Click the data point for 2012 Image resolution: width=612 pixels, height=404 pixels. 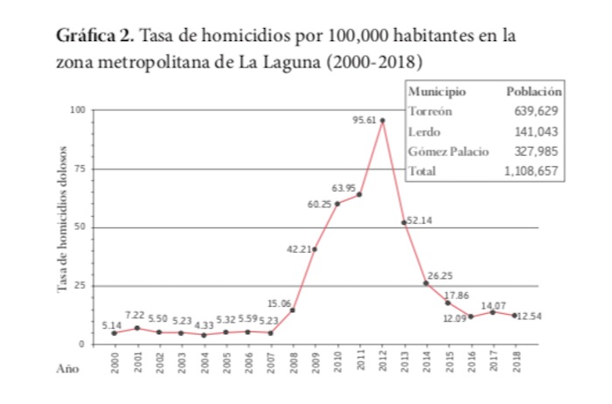(x=382, y=120)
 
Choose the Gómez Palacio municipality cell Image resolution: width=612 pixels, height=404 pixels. (x=449, y=150)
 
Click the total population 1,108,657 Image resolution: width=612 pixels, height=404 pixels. (x=531, y=171)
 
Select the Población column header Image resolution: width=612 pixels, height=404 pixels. (x=533, y=91)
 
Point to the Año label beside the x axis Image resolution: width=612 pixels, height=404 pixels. (x=68, y=368)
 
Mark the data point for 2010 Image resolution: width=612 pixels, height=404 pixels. (x=337, y=203)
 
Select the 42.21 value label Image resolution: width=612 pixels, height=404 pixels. (x=299, y=249)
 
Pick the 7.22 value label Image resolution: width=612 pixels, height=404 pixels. (x=137, y=315)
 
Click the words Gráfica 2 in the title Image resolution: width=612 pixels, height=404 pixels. (x=94, y=38)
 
